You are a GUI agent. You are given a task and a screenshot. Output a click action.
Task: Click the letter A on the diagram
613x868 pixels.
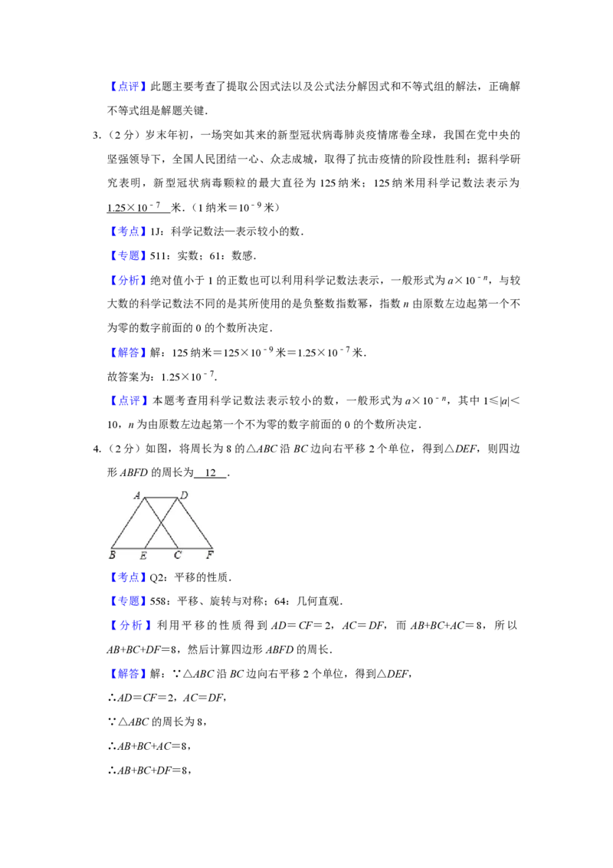point(137,495)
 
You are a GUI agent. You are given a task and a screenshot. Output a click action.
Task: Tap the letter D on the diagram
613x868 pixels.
point(184,495)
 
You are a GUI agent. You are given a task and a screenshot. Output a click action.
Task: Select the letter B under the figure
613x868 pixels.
point(113,554)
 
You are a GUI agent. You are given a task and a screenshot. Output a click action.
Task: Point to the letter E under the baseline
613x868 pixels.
point(143,555)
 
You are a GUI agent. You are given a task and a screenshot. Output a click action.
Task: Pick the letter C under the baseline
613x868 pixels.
point(177,555)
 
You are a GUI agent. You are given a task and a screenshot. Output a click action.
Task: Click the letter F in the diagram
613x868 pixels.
point(210,554)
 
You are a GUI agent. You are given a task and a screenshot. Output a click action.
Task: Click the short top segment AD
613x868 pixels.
point(162,498)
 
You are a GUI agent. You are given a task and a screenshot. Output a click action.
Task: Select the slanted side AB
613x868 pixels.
point(128,523)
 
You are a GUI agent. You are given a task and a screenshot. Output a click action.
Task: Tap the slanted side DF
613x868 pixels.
point(196,523)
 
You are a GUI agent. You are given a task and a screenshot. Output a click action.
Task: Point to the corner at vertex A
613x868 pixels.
point(145,498)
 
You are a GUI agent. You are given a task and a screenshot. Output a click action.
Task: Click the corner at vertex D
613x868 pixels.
point(179,498)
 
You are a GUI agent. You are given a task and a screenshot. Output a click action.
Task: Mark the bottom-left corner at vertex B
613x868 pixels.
point(111,548)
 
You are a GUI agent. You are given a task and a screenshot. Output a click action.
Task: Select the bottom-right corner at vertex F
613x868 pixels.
point(213,548)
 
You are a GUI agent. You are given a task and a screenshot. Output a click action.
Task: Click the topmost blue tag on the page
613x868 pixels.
point(128,87)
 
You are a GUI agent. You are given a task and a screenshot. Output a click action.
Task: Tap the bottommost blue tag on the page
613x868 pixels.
point(128,674)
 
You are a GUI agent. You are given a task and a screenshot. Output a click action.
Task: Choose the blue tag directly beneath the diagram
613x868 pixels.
point(128,577)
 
